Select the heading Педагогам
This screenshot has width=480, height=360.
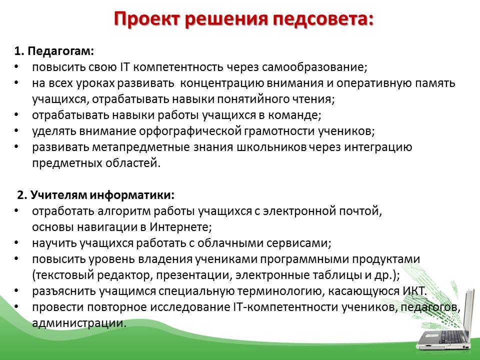60,51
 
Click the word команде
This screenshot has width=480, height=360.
294,115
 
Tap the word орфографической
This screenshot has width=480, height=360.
190,131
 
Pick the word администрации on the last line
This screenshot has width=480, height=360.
79,323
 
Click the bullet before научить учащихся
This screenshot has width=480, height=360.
16,243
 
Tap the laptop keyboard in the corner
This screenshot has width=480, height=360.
449,337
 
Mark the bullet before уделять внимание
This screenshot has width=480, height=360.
16,131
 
